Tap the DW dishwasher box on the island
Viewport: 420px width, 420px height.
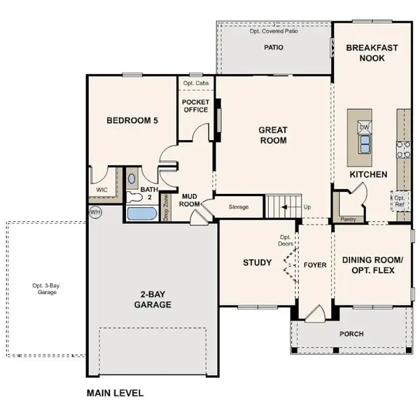364,127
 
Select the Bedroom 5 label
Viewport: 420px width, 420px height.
132,120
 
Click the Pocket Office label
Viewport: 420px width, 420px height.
195,106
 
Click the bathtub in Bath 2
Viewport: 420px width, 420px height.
142,213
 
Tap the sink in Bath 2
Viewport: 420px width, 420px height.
132,178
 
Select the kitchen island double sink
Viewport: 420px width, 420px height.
365,144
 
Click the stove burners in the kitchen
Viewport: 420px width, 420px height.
403,148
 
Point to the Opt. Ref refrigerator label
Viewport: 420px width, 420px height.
399,201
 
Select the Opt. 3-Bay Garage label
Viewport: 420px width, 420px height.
44,288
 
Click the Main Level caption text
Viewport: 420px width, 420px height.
115,393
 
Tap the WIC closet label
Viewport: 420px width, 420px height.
100,189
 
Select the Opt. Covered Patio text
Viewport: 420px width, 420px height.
273,31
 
